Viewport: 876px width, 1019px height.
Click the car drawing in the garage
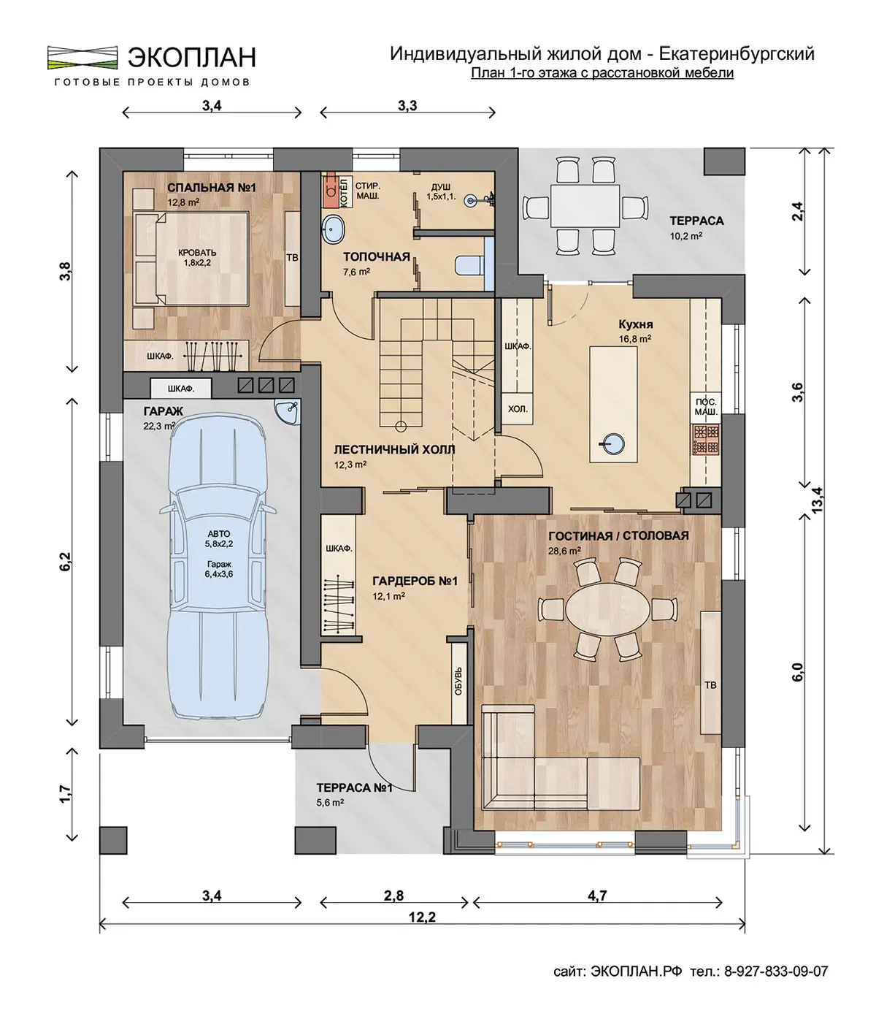pyautogui.click(x=218, y=566)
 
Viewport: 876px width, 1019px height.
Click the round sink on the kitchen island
pyautogui.click(x=614, y=443)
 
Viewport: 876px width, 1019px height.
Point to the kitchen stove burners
pyautogui.click(x=706, y=439)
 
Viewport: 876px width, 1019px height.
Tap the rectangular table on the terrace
pyautogui.click(x=585, y=205)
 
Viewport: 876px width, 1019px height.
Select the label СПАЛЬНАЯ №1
pyautogui.click(x=212, y=187)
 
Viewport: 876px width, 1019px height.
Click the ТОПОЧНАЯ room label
pyautogui.click(x=377, y=256)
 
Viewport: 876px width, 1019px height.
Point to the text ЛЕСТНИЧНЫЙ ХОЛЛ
pyautogui.click(x=394, y=449)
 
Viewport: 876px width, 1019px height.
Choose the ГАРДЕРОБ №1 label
pyautogui.click(x=415, y=581)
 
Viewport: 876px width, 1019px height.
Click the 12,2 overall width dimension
pyautogui.click(x=422, y=917)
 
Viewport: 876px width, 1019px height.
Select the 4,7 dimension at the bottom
pyautogui.click(x=597, y=896)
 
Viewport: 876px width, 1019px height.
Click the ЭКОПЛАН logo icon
pyautogui.click(x=82, y=57)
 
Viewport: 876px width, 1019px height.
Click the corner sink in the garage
pyautogui.click(x=288, y=412)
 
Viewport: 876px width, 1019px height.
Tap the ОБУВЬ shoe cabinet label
pyautogui.click(x=458, y=682)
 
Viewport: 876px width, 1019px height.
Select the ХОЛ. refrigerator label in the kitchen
pyautogui.click(x=518, y=408)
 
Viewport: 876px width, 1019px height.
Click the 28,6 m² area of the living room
pyautogui.click(x=564, y=551)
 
